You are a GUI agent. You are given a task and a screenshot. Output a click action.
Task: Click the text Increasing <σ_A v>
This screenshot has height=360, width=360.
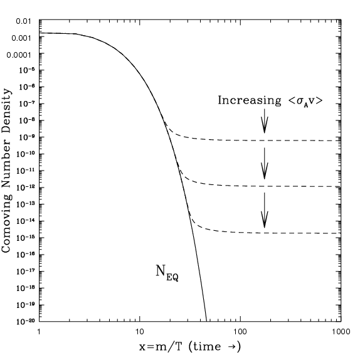point(270,100)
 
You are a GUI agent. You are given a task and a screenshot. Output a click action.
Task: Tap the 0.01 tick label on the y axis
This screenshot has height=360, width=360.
point(23,21)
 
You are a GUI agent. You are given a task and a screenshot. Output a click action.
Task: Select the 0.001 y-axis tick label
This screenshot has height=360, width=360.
point(21,38)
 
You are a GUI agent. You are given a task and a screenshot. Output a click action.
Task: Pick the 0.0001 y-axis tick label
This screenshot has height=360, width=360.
point(18,55)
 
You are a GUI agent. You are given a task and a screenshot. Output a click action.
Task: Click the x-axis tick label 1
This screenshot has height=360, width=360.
point(39,331)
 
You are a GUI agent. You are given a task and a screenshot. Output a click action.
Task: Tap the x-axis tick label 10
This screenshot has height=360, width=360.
point(139,331)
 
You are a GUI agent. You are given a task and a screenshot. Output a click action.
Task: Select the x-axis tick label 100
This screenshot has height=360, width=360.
point(240,331)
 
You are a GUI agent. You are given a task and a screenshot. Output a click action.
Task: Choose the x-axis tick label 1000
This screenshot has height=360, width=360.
point(339,331)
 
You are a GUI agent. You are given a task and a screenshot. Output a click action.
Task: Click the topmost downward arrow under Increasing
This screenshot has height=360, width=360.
point(265,120)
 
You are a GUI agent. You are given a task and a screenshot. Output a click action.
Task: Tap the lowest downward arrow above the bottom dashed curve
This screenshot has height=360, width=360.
point(265,210)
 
